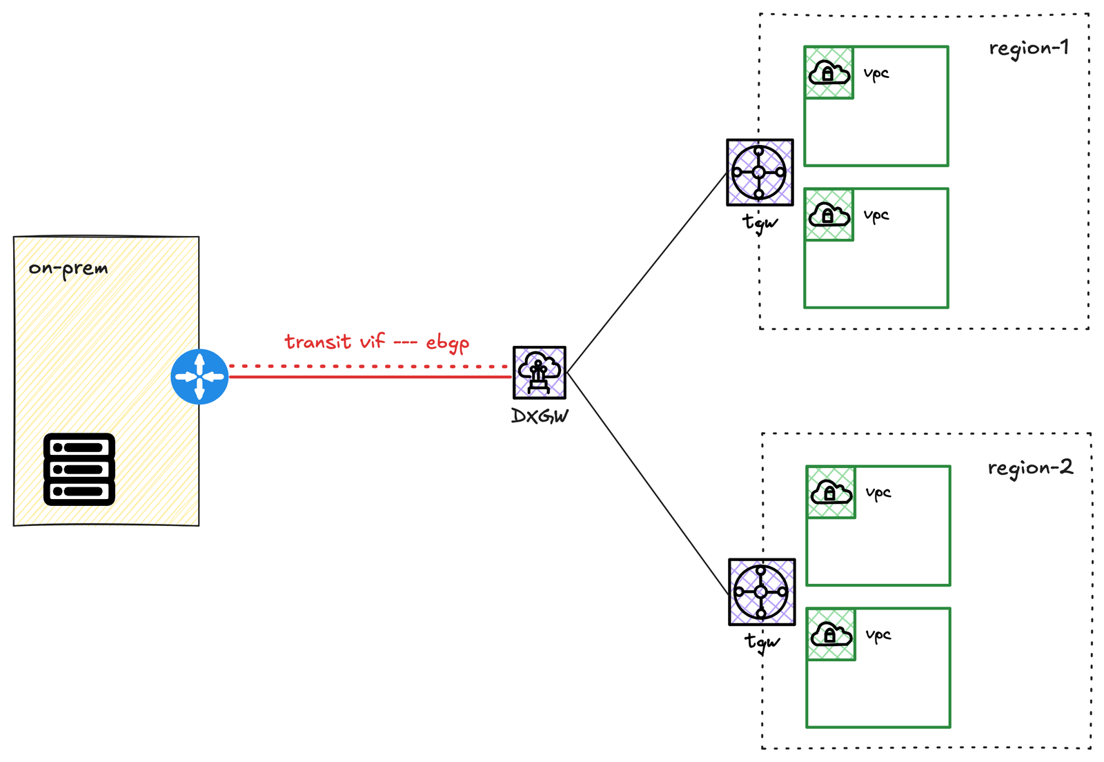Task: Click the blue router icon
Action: [199, 376]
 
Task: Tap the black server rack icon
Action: [79, 469]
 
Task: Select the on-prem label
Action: [68, 268]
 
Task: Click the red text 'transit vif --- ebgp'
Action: [377, 342]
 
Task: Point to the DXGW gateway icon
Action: [540, 373]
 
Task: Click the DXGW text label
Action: [540, 416]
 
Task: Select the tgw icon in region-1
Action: [760, 173]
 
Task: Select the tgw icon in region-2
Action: [762, 592]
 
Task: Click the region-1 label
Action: [1028, 48]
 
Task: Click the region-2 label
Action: [1029, 468]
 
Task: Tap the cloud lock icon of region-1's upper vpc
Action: [829, 72]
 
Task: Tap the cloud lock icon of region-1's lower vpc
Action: [829, 215]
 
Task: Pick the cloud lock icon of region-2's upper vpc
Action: [831, 492]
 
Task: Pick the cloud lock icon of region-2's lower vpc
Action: [831, 634]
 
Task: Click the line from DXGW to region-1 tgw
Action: [647, 273]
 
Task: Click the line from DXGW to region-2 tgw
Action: [647, 482]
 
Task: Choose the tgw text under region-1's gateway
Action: [760, 222]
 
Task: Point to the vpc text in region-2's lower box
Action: [878, 634]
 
